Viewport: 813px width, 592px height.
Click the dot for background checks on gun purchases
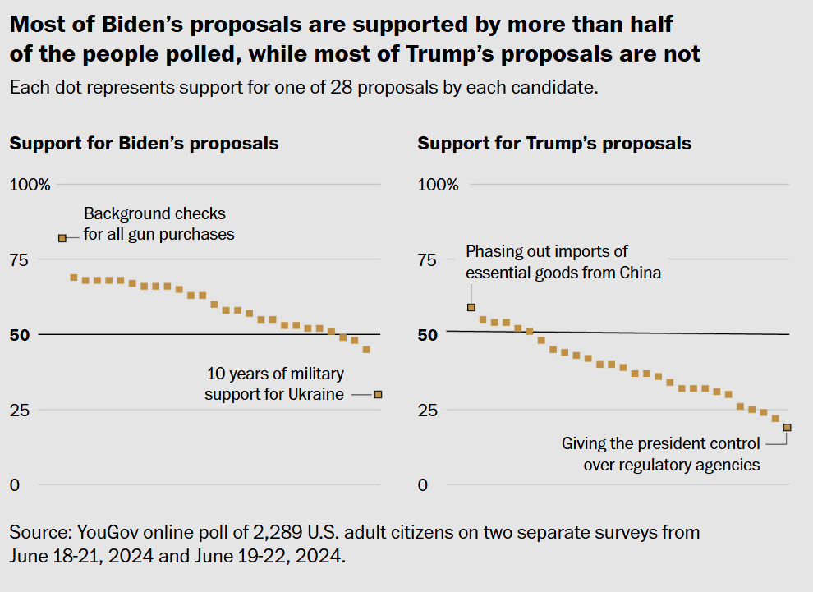(62, 238)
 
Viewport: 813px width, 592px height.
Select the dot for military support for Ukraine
(378, 394)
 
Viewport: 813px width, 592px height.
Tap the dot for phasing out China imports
(471, 307)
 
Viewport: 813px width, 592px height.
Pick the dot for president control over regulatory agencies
(787, 427)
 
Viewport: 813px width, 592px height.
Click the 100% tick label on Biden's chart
(30, 185)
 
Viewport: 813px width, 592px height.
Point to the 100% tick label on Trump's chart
(439, 185)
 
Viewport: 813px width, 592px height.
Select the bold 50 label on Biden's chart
(20, 335)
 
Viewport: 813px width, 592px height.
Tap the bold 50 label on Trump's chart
(428, 335)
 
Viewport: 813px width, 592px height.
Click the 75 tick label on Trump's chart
(427, 259)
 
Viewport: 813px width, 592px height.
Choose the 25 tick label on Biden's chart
(20, 410)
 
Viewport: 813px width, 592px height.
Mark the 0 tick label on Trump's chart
(423, 485)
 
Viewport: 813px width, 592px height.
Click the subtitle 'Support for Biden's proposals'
(145, 143)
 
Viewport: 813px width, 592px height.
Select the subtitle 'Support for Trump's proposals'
(554, 143)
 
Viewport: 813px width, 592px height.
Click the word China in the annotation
(641, 273)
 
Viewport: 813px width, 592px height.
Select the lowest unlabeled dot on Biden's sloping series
(366, 350)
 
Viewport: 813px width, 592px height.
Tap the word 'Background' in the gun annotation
(120, 213)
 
